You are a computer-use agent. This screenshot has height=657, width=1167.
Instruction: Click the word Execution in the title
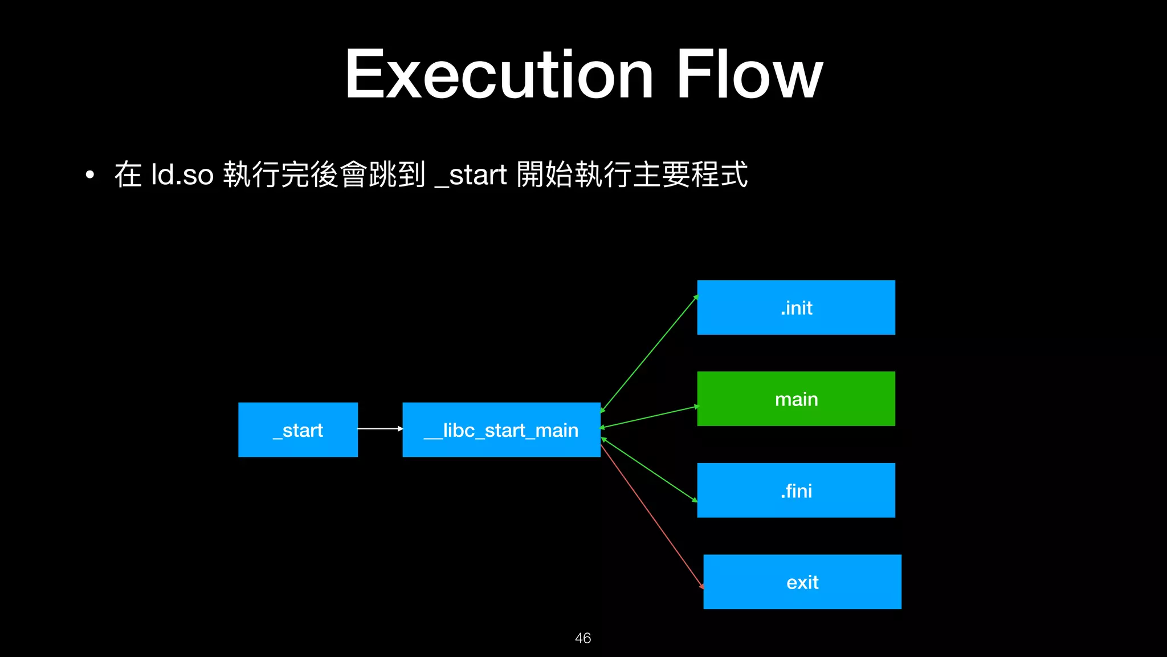coord(499,75)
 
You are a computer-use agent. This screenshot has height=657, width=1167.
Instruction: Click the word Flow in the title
coord(749,75)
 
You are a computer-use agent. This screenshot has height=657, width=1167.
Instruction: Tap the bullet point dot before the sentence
coord(89,175)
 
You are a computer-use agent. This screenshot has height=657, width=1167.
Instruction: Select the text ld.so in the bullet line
coord(182,175)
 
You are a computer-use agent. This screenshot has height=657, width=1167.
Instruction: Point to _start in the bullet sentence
coord(471,175)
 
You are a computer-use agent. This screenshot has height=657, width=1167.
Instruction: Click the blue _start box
coord(298,429)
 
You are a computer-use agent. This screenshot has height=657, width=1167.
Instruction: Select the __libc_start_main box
coord(501,429)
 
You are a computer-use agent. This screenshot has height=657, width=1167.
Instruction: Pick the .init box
coord(796,307)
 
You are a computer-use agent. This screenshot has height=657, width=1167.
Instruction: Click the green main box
coord(796,399)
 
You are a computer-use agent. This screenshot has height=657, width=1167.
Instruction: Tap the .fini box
coord(796,490)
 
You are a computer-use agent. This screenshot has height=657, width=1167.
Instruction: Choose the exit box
coord(802,582)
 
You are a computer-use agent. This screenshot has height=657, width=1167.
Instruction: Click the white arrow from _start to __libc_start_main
coord(380,428)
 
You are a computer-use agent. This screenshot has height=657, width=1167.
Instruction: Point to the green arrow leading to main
coord(650,416)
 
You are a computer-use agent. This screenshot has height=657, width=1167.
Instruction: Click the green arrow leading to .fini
coord(650,470)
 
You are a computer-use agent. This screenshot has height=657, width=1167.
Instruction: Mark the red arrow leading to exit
coord(652,516)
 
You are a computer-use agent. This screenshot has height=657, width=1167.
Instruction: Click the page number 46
coord(583,638)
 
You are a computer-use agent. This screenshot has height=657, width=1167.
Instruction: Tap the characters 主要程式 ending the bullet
coord(690,175)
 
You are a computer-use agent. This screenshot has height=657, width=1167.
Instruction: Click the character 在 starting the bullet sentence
coord(128,175)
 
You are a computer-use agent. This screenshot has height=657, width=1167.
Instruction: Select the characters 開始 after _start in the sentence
coord(545,175)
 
